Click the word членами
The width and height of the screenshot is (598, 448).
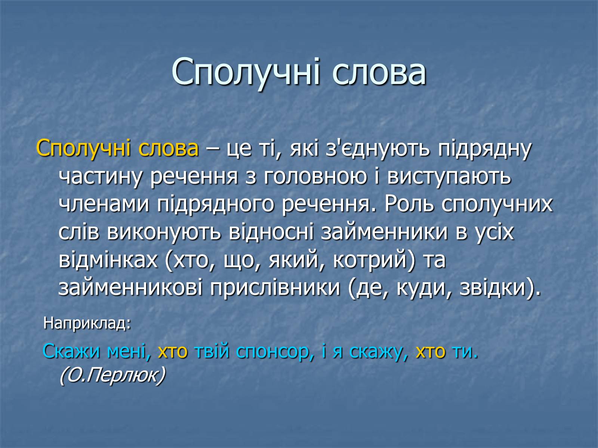[104, 205]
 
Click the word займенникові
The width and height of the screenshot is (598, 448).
[130, 288]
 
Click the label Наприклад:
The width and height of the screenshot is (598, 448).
[87, 323]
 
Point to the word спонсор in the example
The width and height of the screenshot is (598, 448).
[271, 352]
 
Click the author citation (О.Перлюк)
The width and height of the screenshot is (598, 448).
[112, 376]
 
